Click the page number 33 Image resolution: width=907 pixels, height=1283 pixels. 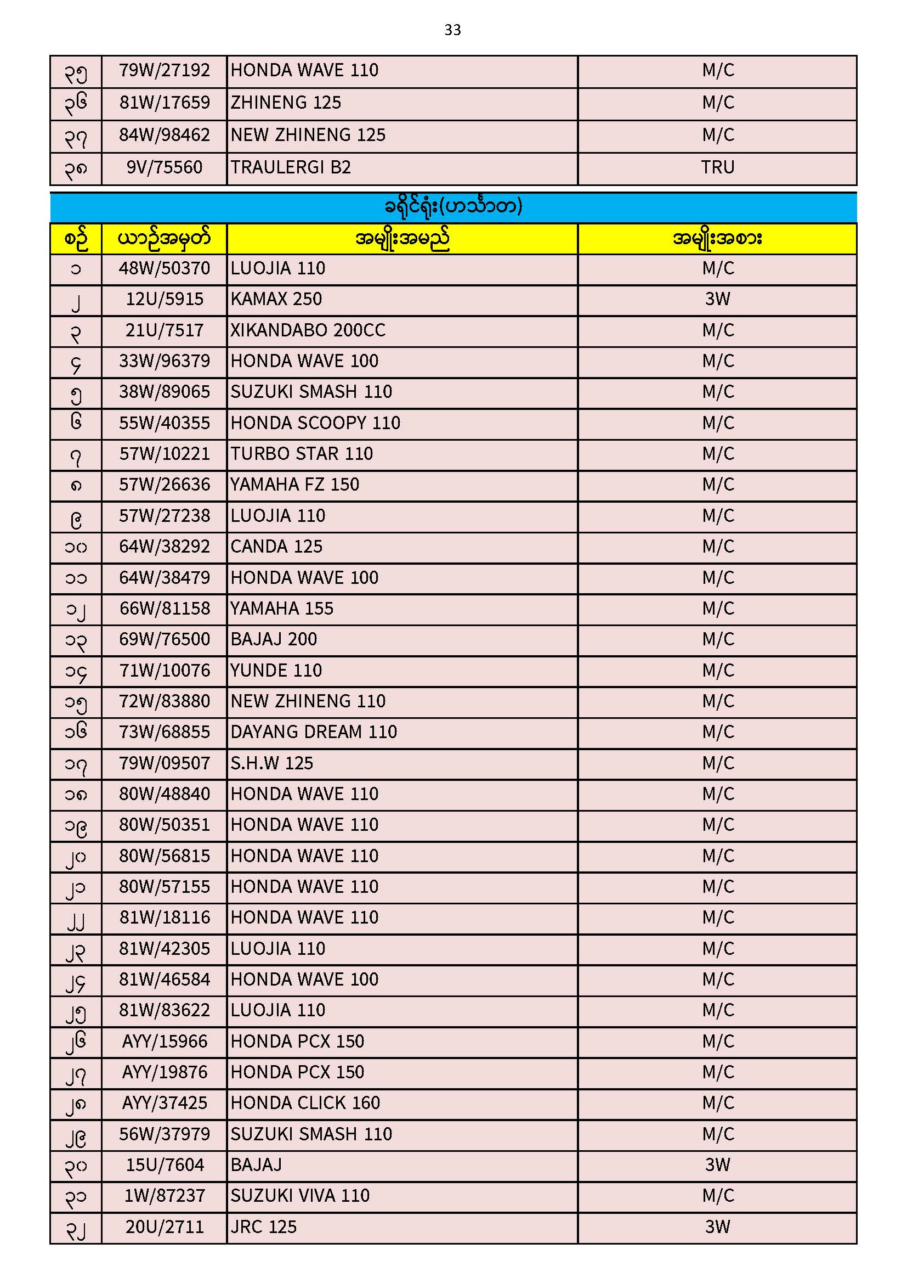[452, 30]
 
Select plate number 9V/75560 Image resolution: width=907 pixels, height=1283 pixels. [164, 167]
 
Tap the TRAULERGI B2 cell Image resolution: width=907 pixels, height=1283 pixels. [291, 167]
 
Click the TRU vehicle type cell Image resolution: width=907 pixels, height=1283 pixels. [718, 167]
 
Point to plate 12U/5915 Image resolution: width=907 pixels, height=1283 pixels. [164, 299]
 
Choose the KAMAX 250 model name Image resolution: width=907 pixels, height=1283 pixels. [276, 299]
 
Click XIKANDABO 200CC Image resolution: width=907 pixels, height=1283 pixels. [308, 330]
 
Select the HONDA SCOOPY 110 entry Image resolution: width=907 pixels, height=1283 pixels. [315, 423]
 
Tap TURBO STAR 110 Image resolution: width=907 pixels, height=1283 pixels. [302, 454]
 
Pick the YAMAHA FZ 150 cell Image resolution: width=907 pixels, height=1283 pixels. [295, 485]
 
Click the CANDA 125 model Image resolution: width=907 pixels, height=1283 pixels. [276, 547]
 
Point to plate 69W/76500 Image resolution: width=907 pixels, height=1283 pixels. [164, 639]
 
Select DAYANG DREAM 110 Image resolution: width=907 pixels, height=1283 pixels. [313, 732]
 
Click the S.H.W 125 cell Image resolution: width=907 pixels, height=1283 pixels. [272, 763]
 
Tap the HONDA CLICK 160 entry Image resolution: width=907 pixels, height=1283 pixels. [305, 1103]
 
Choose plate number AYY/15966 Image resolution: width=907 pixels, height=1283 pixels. [164, 1042]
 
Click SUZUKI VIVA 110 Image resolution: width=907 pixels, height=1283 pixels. [300, 1196]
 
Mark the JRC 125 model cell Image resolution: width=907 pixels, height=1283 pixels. [264, 1227]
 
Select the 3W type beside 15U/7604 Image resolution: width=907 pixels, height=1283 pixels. [718, 1165]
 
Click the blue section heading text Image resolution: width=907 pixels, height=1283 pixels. [453, 207]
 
